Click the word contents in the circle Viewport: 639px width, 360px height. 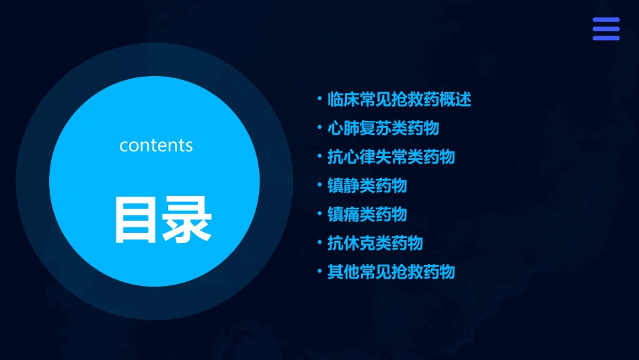click(x=156, y=145)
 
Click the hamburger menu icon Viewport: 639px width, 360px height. click(x=606, y=29)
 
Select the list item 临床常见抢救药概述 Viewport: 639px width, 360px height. click(x=399, y=100)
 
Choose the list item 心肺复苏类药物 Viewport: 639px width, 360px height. click(x=383, y=128)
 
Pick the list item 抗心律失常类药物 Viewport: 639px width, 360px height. click(x=391, y=157)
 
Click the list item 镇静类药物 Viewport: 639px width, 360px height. click(x=367, y=185)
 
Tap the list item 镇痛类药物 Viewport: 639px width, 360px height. click(x=367, y=214)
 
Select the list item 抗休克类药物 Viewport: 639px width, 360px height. click(x=375, y=243)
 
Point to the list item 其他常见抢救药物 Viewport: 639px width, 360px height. click(x=391, y=272)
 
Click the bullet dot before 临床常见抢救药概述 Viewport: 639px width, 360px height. click(x=319, y=99)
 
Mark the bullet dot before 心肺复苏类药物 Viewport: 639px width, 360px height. click(x=319, y=127)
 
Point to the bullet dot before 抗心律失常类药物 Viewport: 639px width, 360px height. click(x=319, y=156)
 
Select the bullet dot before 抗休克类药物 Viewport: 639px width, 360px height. click(x=319, y=242)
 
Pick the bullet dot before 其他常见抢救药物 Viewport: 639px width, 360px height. click(x=319, y=271)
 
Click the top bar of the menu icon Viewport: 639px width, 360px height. click(x=606, y=20)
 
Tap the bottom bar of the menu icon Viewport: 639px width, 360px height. click(x=606, y=38)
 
